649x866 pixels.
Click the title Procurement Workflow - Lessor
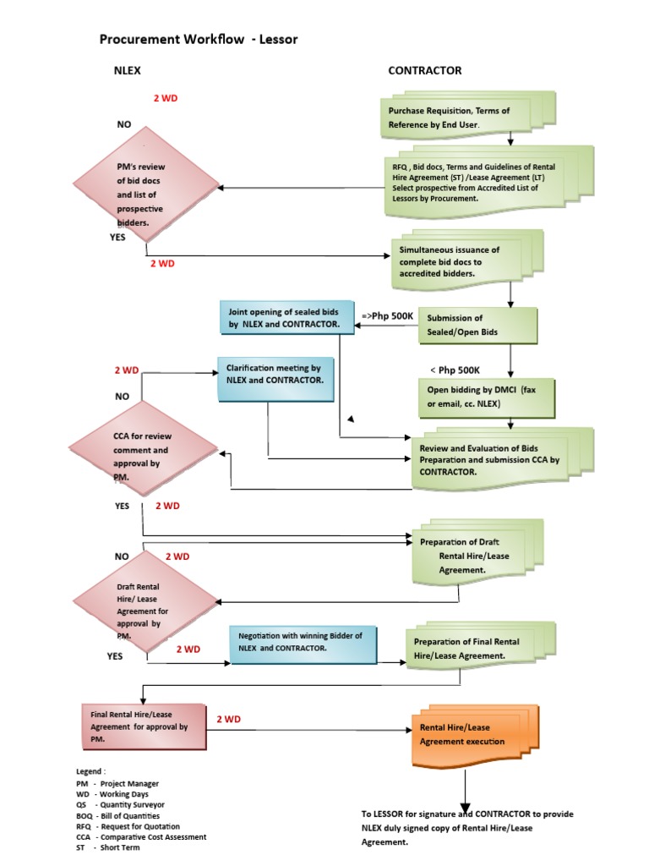point(199,39)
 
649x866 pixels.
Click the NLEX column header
point(128,71)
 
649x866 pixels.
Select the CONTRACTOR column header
point(424,71)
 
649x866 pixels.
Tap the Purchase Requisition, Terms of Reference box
point(452,118)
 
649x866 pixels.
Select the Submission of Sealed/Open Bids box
point(477,326)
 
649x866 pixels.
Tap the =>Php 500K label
point(388,315)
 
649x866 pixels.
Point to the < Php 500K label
point(455,370)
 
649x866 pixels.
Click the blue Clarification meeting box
point(275,376)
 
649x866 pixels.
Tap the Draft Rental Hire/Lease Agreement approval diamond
point(145,605)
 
